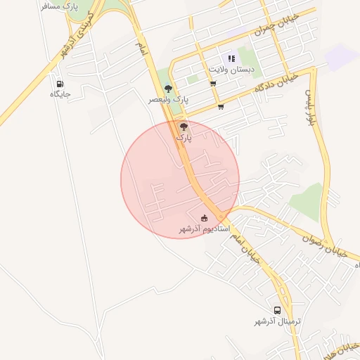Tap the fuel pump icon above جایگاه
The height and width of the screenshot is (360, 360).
[60, 84]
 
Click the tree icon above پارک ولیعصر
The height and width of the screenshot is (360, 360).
[168, 88]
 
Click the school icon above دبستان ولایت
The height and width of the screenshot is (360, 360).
[230, 59]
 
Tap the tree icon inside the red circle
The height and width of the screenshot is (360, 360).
[184, 127]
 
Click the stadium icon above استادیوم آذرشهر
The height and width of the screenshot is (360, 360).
[205, 218]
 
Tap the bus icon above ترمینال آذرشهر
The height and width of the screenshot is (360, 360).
[278, 310]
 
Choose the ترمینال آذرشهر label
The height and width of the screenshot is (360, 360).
[278, 321]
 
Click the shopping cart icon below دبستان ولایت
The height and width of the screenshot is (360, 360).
[213, 84]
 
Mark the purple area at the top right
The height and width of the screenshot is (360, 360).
[343, 56]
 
